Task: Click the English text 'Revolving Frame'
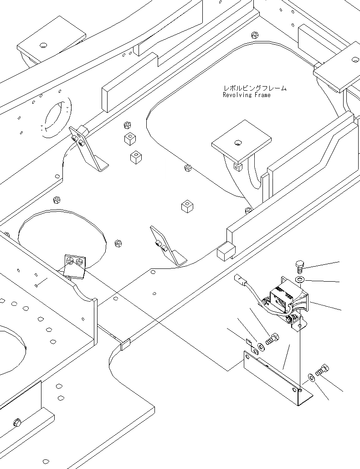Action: (247, 95)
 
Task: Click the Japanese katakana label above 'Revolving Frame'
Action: (255, 88)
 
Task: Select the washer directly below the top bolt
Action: (300, 278)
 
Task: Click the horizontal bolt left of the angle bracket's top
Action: (272, 339)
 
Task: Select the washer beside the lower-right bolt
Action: (311, 377)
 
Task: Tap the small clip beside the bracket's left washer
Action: (249, 342)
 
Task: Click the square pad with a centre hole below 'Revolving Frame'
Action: (241, 143)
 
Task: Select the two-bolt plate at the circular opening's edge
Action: (75, 265)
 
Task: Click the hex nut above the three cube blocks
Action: (128, 125)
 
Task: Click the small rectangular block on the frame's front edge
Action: (125, 345)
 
